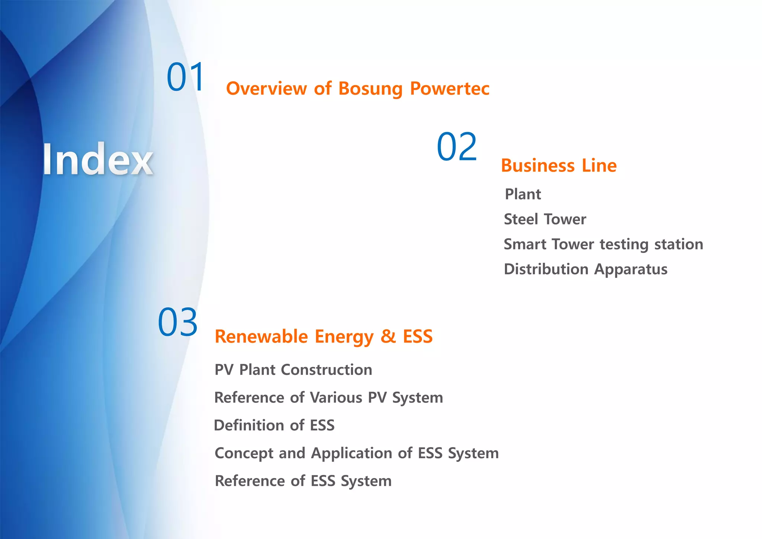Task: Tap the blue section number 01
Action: pyautogui.click(x=185, y=77)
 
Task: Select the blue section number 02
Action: pyautogui.click(x=457, y=147)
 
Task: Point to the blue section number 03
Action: pyautogui.click(x=177, y=322)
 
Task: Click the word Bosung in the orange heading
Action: pyautogui.click(x=370, y=89)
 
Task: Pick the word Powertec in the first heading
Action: pyautogui.click(x=449, y=89)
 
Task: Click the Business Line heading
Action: pyautogui.click(x=558, y=166)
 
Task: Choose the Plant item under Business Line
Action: pyautogui.click(x=523, y=194)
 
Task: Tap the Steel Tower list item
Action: pyautogui.click(x=545, y=219)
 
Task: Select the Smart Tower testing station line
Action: pyautogui.click(x=603, y=245)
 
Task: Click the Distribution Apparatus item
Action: pyautogui.click(x=585, y=269)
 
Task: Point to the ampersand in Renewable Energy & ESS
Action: pyautogui.click(x=388, y=336)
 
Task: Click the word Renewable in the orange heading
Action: pyautogui.click(x=261, y=337)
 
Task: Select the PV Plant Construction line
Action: pyautogui.click(x=293, y=370)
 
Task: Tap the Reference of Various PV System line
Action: pyautogui.click(x=329, y=398)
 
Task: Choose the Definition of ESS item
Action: pyautogui.click(x=274, y=425)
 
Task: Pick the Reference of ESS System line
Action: pyautogui.click(x=303, y=481)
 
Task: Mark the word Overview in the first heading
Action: pyautogui.click(x=266, y=89)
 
